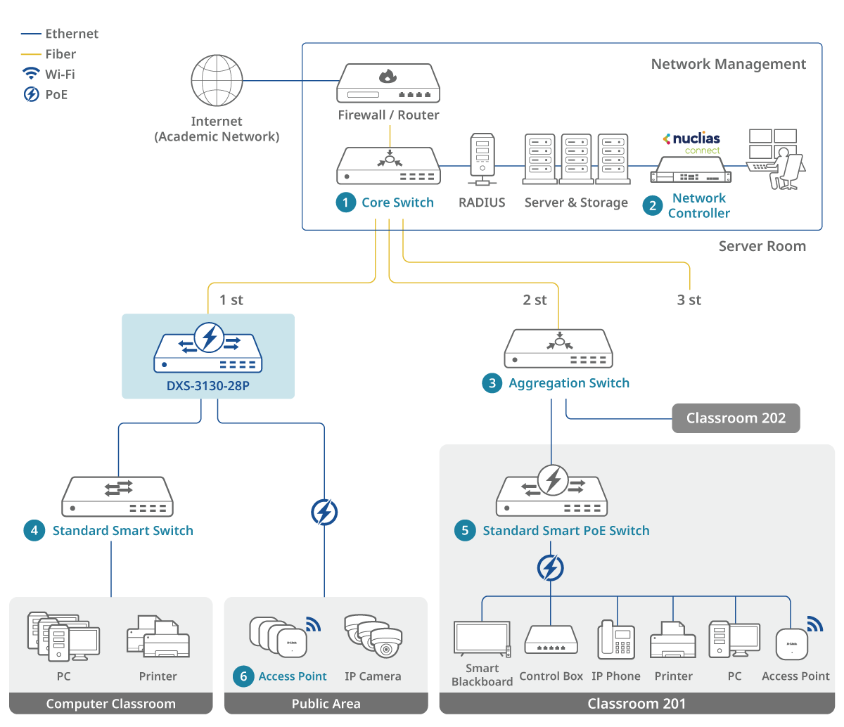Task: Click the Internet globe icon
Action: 217,81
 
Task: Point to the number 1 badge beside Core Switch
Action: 345,202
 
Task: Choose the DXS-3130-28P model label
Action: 208,385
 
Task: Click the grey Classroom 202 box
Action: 736,418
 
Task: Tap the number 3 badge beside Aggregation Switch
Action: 492,383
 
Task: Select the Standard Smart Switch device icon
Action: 117,496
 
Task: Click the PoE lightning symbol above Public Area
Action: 324,513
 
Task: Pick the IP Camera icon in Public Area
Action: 373,636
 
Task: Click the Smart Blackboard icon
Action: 482,639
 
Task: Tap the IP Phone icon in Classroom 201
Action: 616,640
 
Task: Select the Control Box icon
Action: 551,640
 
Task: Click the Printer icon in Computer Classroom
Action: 158,638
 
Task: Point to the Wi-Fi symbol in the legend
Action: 31,74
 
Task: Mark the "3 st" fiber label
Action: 689,300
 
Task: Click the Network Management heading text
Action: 728,64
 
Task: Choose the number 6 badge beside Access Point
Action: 243,676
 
